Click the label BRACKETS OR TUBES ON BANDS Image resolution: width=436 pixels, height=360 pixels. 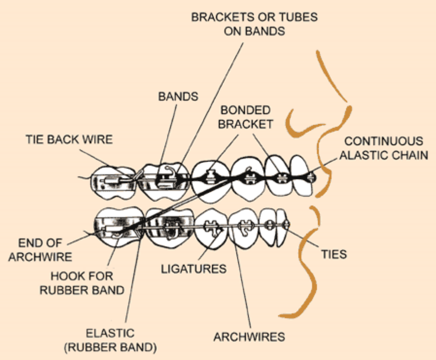click(254, 24)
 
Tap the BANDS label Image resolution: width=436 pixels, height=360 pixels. click(178, 97)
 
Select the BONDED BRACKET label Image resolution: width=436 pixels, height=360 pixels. click(245, 117)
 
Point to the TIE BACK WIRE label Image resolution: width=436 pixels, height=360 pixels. click(68, 140)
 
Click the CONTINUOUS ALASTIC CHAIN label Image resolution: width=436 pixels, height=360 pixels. click(384, 148)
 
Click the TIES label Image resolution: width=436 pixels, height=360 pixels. click(334, 254)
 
